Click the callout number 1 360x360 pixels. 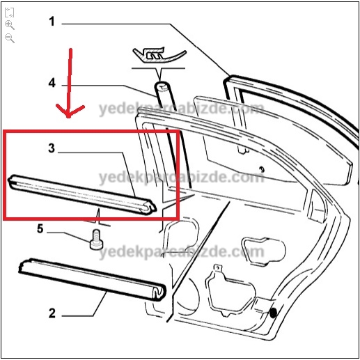pyautogui.click(x=52, y=22)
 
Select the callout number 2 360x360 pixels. pyautogui.click(x=52, y=313)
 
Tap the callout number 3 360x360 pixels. pyautogui.click(x=52, y=148)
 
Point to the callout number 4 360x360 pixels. pyautogui.click(x=52, y=83)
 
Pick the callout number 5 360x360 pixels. pyautogui.click(x=40, y=228)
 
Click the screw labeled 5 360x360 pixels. pyautogui.click(x=96, y=240)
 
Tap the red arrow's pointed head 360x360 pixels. pyautogui.click(x=68, y=116)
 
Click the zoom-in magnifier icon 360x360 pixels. pyautogui.click(x=10, y=25)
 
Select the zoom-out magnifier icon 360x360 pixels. pyautogui.click(x=10, y=38)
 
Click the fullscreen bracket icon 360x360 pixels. pyautogui.click(x=9, y=13)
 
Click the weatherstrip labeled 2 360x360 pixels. pyautogui.click(x=93, y=280)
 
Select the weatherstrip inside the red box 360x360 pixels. pyautogui.click(x=81, y=194)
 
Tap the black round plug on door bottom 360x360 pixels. pyautogui.click(x=273, y=313)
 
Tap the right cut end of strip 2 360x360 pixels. pyautogui.click(x=159, y=292)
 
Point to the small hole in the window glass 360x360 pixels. pyautogui.click(x=262, y=169)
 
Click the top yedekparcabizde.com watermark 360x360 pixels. pyautogui.click(x=182, y=109)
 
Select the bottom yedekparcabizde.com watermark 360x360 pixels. pyautogui.click(x=182, y=252)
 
